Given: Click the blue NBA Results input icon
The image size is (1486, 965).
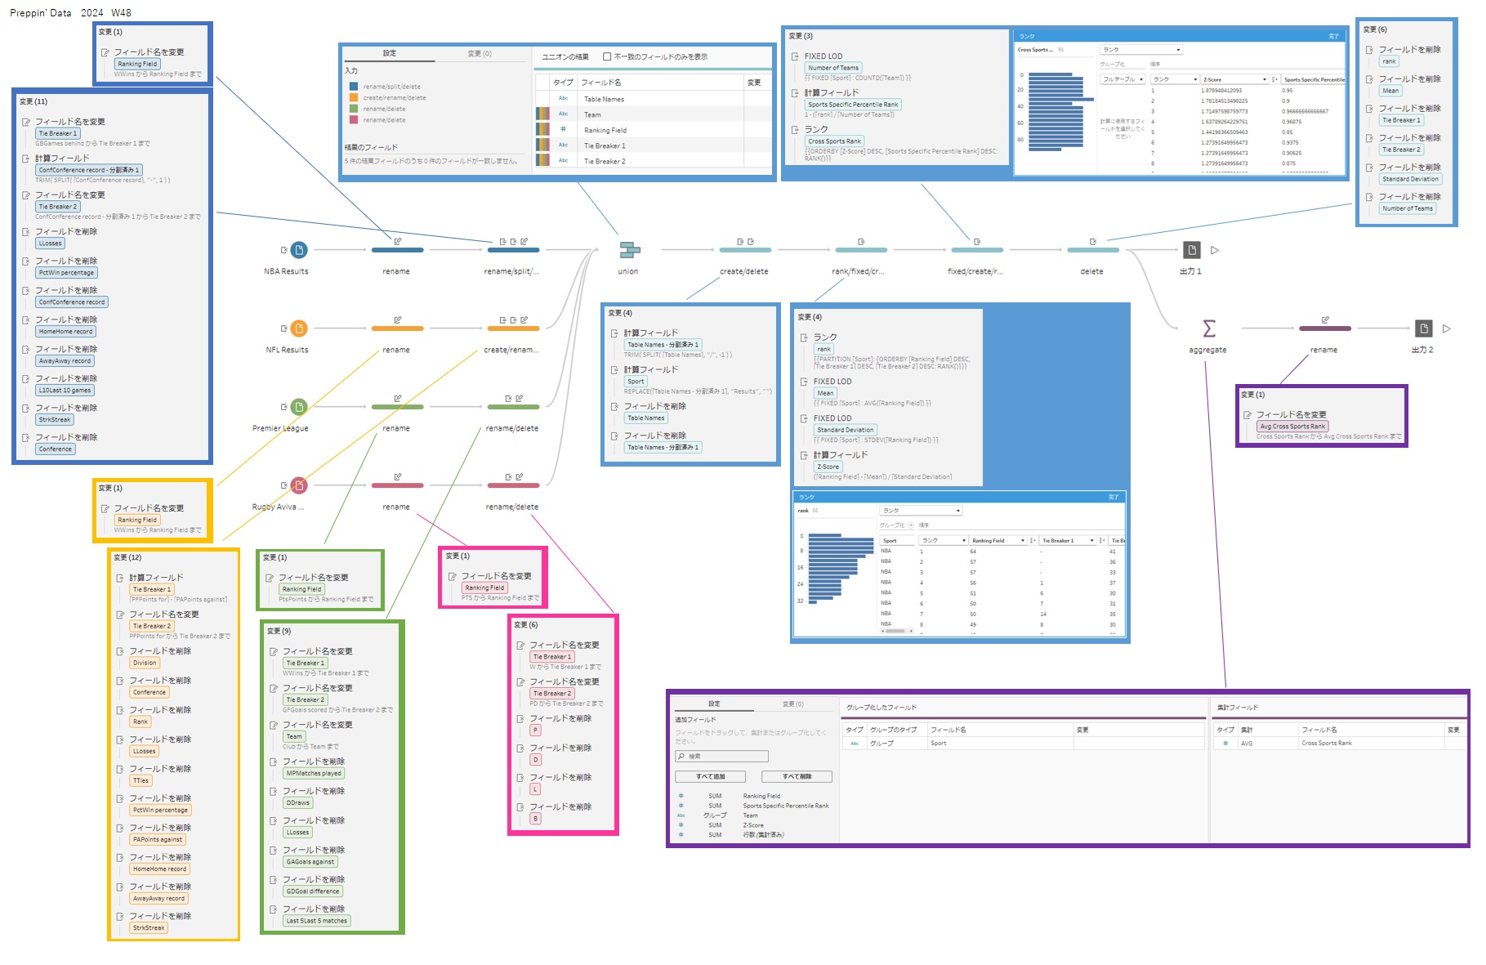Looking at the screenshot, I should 299,250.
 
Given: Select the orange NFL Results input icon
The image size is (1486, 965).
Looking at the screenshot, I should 299,328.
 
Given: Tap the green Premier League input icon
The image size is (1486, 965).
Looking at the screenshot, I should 299,407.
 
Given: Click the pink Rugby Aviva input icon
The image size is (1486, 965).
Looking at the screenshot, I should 299,485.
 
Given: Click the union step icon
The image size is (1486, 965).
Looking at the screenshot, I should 629,250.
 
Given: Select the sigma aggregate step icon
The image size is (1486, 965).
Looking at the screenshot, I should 1209,328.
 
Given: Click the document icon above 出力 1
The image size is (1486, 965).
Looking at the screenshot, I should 1192,250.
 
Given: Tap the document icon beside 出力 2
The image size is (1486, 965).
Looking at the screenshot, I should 1424,328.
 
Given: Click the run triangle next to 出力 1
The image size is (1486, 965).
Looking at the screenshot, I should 1215,250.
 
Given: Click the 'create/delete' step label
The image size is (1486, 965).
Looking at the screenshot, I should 743,271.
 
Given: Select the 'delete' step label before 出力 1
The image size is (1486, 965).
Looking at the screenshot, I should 1091,271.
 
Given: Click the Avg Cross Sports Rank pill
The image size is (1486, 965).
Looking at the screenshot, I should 1292,427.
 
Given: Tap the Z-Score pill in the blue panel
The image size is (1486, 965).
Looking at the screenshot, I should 828,467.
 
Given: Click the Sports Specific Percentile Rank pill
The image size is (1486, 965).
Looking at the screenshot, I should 853,105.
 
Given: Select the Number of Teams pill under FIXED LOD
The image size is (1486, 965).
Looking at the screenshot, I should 833,68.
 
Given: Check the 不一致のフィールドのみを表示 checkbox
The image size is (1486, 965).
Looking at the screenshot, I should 607,56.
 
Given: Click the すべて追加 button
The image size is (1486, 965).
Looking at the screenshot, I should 710,776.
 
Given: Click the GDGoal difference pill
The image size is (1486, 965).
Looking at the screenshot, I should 313,891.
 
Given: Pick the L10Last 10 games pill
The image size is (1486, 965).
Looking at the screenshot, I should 65,391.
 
